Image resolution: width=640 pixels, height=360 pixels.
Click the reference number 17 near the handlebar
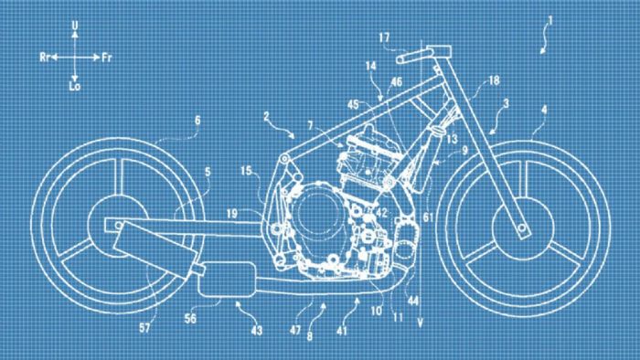tap(384, 37)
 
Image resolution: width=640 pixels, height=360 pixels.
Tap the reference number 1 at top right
tap(549, 21)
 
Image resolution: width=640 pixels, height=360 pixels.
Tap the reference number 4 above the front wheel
tap(544, 111)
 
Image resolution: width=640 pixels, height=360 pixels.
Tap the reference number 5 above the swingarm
tap(208, 170)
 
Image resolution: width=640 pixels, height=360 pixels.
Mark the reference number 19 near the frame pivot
tap(234, 213)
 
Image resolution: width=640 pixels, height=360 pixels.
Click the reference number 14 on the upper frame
tap(370, 67)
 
